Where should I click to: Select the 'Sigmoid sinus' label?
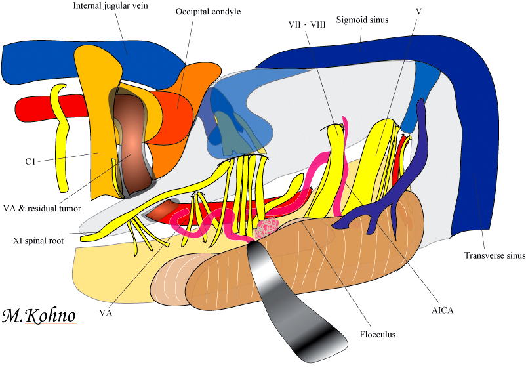(x=362, y=20)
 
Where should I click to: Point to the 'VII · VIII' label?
(x=307, y=25)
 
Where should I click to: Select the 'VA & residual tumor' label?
(x=41, y=208)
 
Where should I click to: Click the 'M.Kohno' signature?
(x=39, y=316)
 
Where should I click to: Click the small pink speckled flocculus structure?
(x=266, y=228)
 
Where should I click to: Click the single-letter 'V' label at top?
(x=418, y=12)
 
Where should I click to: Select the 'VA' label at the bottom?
(x=106, y=312)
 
